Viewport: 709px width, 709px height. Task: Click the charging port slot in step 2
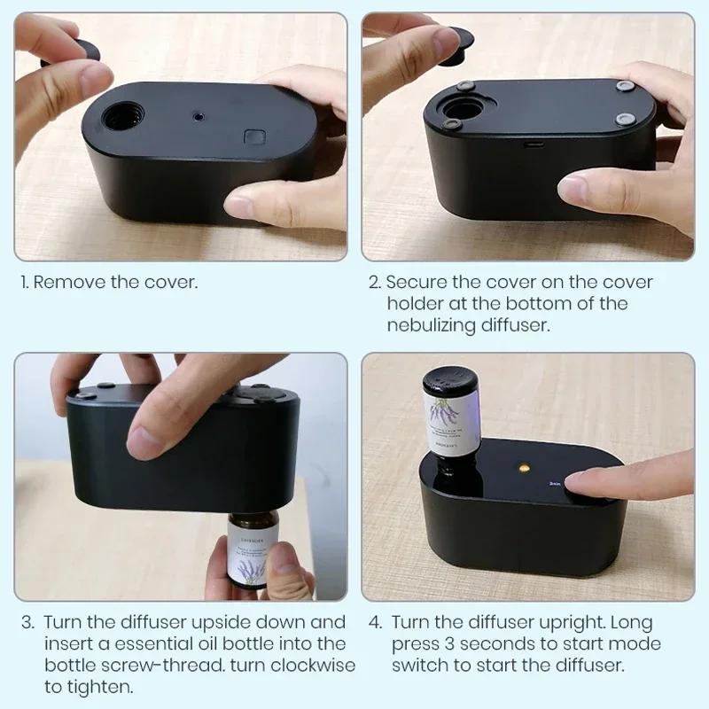pyautogui.click(x=534, y=141)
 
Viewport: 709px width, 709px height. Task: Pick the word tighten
pyautogui.click(x=105, y=686)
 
